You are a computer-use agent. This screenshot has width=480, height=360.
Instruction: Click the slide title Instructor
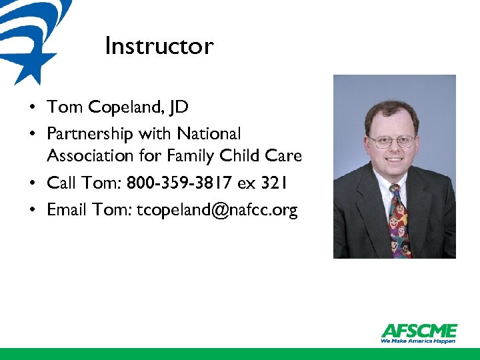pos(159,46)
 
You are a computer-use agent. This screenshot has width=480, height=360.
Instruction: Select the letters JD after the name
pos(178,107)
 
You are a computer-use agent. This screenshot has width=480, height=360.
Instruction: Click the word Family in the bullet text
pos(189,156)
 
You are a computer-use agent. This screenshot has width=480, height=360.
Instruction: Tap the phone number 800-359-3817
pos(181,183)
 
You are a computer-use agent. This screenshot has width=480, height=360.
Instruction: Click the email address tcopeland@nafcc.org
pos(217,211)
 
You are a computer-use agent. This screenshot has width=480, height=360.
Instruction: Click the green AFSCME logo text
pos(419,331)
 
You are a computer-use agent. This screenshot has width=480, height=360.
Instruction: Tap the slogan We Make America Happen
pos(419,341)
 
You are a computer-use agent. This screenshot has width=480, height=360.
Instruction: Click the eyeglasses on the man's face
pos(392,141)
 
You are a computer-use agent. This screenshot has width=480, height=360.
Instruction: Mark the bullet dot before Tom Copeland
pos(32,107)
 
